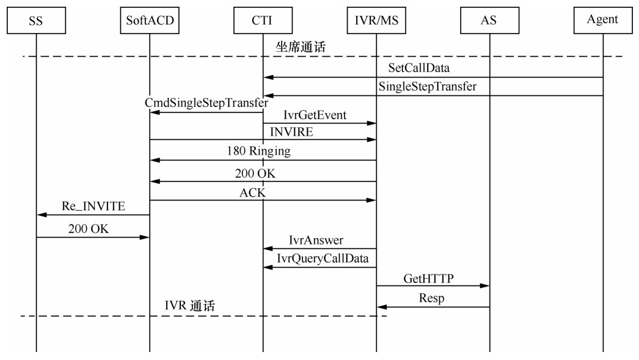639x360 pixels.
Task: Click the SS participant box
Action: click(36, 20)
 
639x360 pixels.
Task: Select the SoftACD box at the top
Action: click(150, 20)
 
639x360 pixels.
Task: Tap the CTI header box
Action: click(263, 20)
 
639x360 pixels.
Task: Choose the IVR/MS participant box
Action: click(376, 20)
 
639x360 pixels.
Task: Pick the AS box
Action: click(489, 20)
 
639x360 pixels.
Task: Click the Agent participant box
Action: click(602, 20)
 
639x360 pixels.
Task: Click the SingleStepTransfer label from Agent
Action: click(428, 86)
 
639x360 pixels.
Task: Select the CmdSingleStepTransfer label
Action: click(206, 103)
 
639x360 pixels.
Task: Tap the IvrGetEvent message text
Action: click(315, 114)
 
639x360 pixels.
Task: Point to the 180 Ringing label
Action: click(258, 151)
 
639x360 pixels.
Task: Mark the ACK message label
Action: click(252, 193)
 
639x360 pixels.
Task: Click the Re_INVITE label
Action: click(93, 206)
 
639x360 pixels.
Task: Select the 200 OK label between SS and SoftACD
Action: click(89, 229)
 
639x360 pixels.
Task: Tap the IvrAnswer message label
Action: click(316, 241)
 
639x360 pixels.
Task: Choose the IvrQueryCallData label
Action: click(323, 259)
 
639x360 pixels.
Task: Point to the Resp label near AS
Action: click(431, 299)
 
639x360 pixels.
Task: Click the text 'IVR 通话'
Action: click(189, 306)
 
